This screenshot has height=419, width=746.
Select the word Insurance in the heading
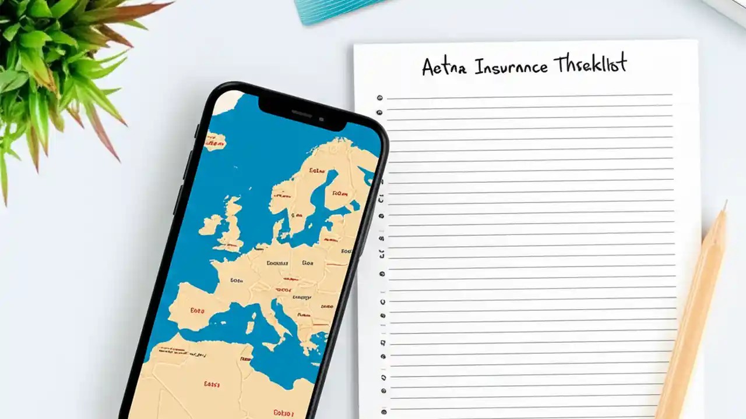coord(511,66)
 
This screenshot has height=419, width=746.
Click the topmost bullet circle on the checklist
coord(379,98)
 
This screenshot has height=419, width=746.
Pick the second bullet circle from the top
coord(379,112)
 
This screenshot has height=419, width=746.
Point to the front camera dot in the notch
coord(321,119)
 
